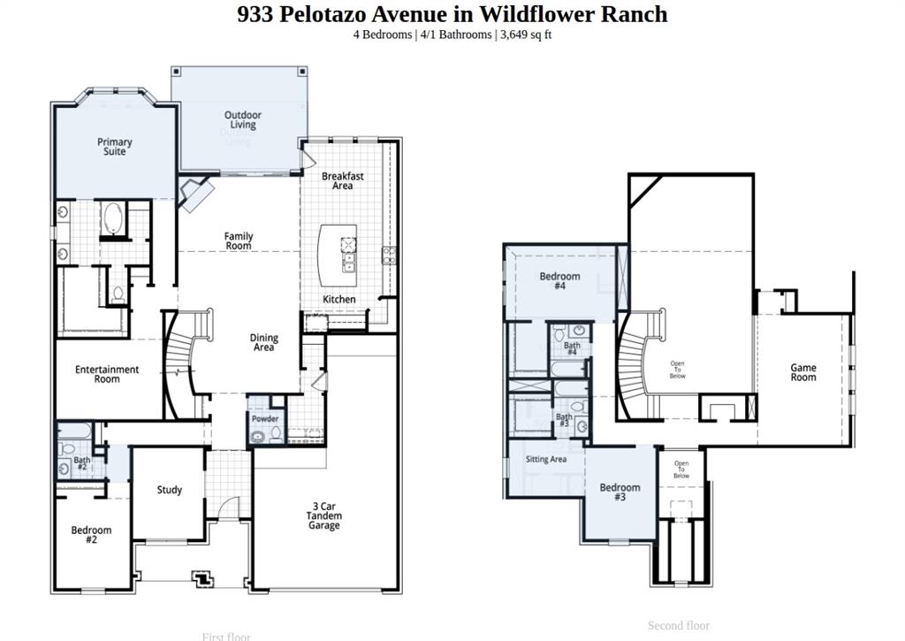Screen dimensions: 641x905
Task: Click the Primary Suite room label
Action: click(x=114, y=147)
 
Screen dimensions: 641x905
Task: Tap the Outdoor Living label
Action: click(x=242, y=120)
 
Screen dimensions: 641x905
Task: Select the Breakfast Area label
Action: click(x=343, y=180)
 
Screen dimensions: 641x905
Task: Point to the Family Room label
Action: click(x=238, y=240)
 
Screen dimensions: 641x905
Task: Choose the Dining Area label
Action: click(x=263, y=342)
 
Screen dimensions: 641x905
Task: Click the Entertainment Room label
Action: click(x=107, y=374)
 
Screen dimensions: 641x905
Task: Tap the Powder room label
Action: click(x=265, y=419)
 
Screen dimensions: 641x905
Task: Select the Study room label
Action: click(x=170, y=490)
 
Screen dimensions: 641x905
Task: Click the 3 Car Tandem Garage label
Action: click(x=323, y=515)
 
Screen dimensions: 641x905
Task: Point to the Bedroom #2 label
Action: click(x=92, y=535)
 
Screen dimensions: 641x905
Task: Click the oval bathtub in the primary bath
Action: click(x=113, y=218)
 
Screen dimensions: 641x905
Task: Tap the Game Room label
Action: click(x=802, y=372)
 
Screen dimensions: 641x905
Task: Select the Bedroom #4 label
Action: click(x=559, y=281)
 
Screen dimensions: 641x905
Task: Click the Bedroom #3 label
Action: click(x=620, y=492)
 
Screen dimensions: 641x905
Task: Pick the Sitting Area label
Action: click(x=546, y=460)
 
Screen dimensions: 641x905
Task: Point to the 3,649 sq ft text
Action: click(x=526, y=34)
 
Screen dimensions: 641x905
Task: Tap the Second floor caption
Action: click(x=678, y=625)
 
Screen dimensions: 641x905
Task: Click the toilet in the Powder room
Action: click(x=276, y=434)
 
